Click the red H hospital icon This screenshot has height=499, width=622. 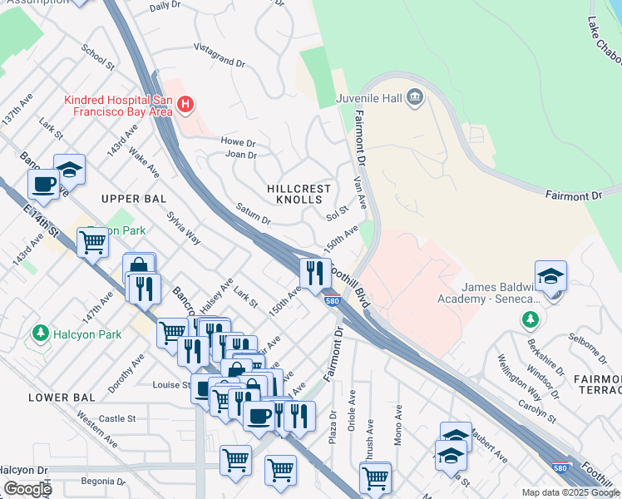[x=186, y=105]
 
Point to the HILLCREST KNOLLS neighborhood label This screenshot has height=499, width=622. [x=294, y=195]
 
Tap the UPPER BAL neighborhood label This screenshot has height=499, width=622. [x=134, y=199]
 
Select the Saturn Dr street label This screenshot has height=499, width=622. [x=253, y=215]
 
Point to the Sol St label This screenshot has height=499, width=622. [x=337, y=210]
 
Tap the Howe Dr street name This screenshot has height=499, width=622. [x=238, y=142]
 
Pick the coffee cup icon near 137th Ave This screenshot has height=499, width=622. [x=42, y=184]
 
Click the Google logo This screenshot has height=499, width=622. [x=27, y=489]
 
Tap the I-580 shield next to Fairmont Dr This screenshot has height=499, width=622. [x=332, y=300]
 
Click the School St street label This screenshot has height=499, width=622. [x=98, y=55]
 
